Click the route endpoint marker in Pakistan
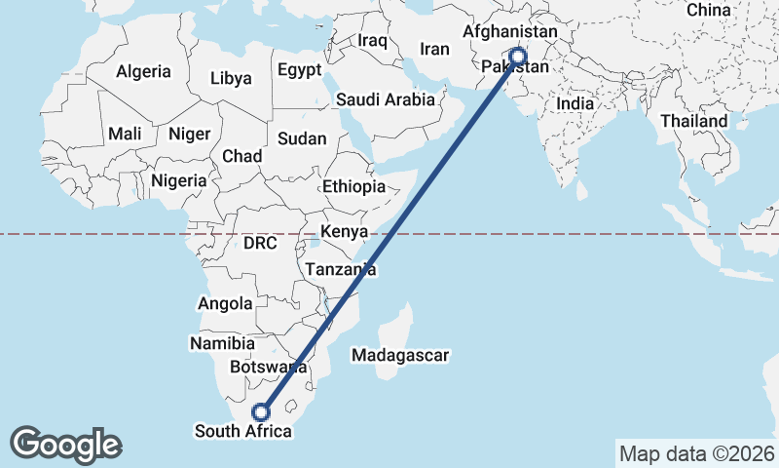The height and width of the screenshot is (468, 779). click(517, 57)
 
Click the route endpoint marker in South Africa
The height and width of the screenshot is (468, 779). click(260, 411)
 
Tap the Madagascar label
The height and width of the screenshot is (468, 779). click(400, 356)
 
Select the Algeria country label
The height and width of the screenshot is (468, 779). click(143, 71)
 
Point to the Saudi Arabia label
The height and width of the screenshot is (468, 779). click(385, 99)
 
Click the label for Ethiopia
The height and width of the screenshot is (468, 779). click(353, 186)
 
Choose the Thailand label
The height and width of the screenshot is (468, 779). click(693, 121)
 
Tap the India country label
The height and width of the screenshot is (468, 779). click(575, 103)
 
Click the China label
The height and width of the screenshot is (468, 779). click(708, 10)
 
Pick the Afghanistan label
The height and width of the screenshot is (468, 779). click(509, 32)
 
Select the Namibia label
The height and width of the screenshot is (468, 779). click(223, 343)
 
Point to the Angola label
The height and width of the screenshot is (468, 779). click(225, 303)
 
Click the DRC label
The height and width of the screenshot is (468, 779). click(260, 242)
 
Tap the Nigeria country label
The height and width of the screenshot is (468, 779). click(179, 180)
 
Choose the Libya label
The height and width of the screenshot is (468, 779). click(231, 78)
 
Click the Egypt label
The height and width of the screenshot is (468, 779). click(299, 70)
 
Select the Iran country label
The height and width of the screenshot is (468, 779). click(433, 49)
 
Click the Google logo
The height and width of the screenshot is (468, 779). click(65, 445)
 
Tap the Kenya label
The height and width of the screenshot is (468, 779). click(345, 232)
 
